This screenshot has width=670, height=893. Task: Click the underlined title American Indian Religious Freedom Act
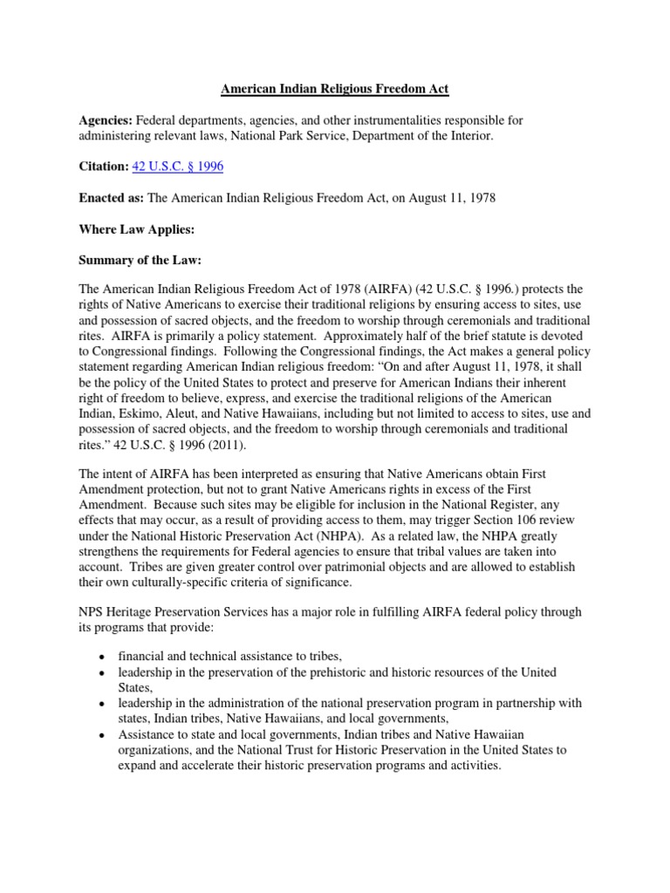334,90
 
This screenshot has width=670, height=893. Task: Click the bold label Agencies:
107,119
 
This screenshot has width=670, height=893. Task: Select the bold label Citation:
106,167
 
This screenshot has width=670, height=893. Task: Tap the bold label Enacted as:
112,198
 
